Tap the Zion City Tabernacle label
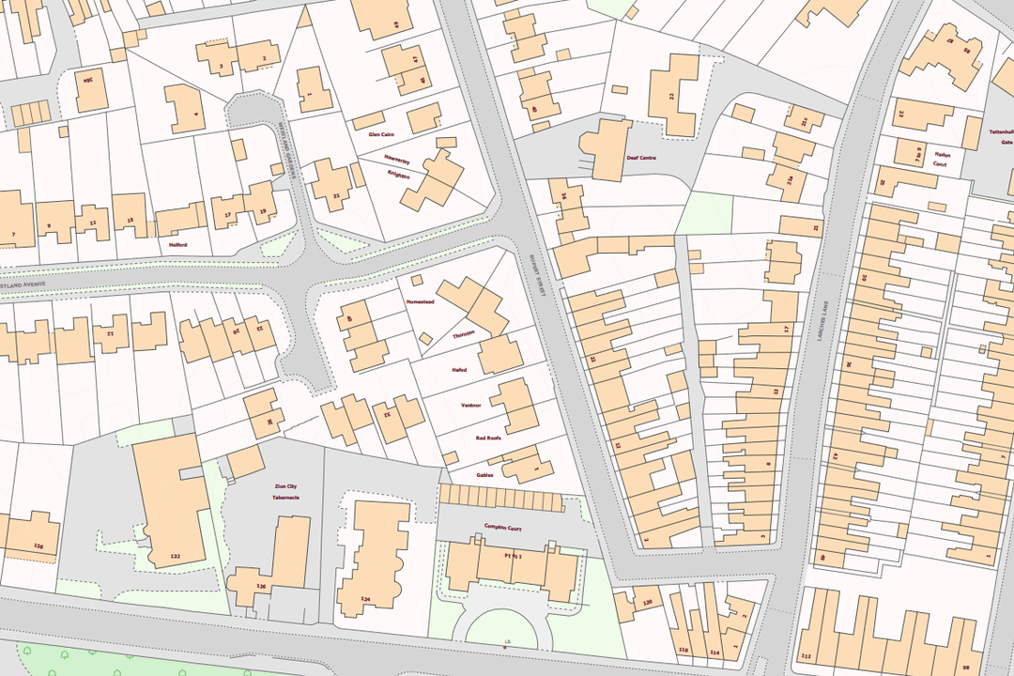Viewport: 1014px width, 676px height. (285, 491)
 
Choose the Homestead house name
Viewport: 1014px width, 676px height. (419, 301)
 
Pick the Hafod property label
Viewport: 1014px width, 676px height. (458, 370)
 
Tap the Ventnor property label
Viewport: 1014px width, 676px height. (470, 405)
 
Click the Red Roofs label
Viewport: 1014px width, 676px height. (488, 438)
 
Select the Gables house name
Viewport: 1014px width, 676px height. (484, 474)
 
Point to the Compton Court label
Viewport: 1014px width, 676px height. (502, 527)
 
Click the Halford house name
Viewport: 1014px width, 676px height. (178, 245)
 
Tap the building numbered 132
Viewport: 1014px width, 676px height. (174, 556)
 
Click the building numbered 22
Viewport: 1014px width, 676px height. (671, 96)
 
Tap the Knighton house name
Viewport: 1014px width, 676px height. (398, 175)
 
